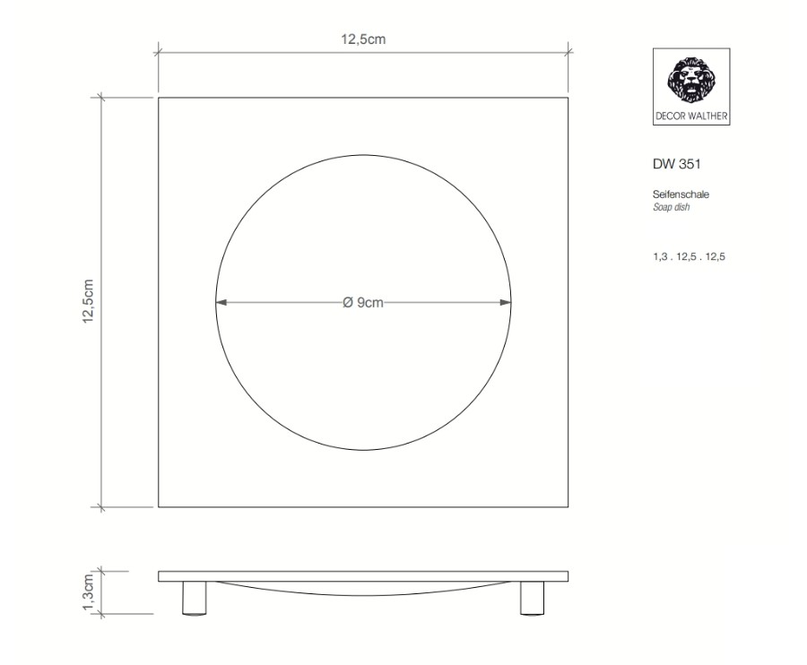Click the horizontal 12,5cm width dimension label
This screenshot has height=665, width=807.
click(x=363, y=39)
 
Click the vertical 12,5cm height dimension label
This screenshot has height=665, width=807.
click(x=88, y=301)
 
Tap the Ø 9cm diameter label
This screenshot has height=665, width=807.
click(x=363, y=302)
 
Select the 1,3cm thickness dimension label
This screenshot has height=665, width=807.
click(x=88, y=592)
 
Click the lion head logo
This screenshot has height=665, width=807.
click(x=691, y=80)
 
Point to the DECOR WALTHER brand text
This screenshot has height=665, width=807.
click(x=691, y=117)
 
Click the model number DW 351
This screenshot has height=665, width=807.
click(x=677, y=164)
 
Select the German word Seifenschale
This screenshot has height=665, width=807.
click(x=681, y=194)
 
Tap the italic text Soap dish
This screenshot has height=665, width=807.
click(x=671, y=207)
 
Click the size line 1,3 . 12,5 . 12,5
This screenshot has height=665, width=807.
click(x=690, y=256)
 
